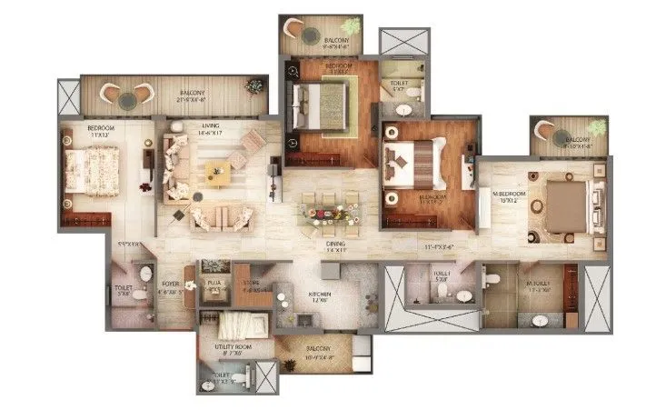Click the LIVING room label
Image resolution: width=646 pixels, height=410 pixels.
[209, 130]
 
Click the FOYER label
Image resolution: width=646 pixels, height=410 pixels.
[170, 285]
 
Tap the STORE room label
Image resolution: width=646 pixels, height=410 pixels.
[254, 286]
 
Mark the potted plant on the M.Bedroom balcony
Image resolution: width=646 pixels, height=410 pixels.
[596, 127]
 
